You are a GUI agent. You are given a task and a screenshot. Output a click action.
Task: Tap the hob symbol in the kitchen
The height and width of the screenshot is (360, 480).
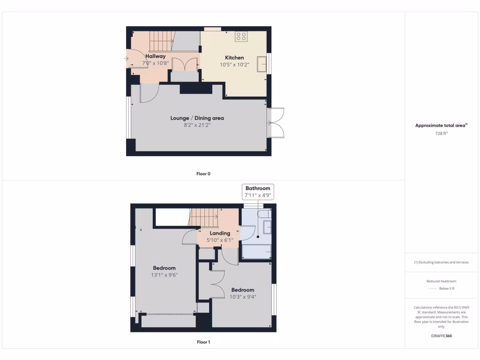(241, 37)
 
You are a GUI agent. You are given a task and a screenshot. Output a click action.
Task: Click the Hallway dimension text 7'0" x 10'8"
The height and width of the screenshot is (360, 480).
(155, 63)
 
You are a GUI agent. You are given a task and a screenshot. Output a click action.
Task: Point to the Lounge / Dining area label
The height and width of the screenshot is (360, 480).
(197, 118)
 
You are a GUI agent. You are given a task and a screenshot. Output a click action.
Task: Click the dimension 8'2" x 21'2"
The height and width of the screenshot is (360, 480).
(197, 125)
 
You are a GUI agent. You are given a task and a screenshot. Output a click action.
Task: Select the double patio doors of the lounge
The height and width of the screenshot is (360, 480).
(276, 123)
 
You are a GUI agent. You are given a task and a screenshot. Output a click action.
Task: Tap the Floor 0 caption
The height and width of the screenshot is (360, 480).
(203, 174)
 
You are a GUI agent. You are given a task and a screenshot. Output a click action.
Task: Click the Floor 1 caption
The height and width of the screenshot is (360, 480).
(203, 342)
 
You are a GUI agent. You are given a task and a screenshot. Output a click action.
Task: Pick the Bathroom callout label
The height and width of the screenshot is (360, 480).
(258, 188)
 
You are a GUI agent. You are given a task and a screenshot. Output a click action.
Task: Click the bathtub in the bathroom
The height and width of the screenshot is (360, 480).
(256, 252)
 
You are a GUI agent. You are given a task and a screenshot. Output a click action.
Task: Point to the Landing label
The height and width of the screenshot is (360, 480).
(220, 233)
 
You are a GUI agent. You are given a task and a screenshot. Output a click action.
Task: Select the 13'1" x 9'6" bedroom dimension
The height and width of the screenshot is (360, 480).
(164, 275)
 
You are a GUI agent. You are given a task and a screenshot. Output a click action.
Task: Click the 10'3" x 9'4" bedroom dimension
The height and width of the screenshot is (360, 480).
(243, 297)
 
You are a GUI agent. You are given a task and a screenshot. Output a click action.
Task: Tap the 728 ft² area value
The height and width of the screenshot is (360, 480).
(442, 134)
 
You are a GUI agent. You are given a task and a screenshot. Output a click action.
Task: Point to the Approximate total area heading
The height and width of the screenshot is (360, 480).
(441, 126)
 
